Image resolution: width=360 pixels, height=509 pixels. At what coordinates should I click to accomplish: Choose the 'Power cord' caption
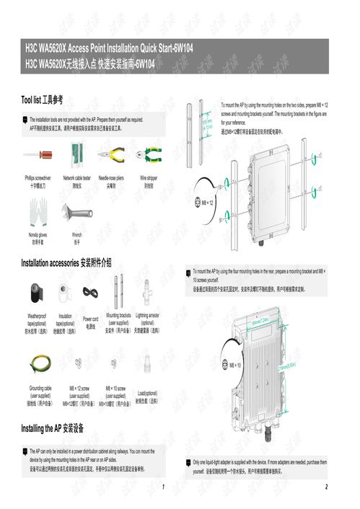90,318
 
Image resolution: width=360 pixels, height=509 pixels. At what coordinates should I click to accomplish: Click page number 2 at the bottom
327,487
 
